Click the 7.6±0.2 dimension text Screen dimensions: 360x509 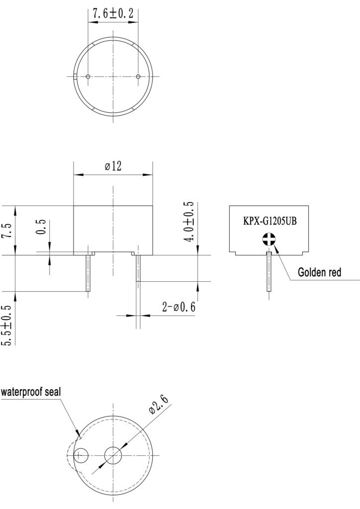113,13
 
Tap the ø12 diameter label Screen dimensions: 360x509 113,166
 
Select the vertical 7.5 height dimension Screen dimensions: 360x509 8,231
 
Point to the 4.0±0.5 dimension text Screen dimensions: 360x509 189,221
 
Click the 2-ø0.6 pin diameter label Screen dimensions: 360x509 179,306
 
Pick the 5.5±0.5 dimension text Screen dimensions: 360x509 8,325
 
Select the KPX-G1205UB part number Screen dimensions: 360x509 270,222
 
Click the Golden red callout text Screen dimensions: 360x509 319,272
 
